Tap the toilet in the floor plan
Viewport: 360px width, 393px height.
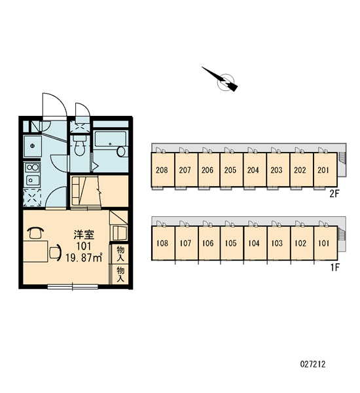pos(79,146)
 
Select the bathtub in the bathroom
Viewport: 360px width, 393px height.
pos(110,139)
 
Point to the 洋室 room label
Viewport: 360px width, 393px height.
pos(84,234)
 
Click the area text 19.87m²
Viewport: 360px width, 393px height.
pos(84,257)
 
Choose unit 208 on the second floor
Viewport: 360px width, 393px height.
pos(162,170)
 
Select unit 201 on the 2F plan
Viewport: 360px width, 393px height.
pos(325,170)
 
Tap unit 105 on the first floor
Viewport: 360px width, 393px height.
pos(231,243)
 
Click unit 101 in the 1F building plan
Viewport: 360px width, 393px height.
pos(325,243)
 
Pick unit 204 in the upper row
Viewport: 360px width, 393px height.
pos(254,170)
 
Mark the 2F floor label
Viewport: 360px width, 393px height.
pos(334,193)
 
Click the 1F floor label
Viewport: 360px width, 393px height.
pos(334,267)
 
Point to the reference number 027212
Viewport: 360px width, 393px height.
pos(313,364)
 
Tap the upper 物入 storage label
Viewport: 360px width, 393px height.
pos(120,253)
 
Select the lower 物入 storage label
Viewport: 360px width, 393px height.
pos(120,274)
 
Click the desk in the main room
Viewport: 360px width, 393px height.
pos(35,252)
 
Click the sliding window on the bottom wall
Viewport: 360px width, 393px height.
pos(73,286)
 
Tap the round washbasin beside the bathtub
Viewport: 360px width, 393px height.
pos(121,151)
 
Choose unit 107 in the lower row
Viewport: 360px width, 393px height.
pos(186,243)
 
